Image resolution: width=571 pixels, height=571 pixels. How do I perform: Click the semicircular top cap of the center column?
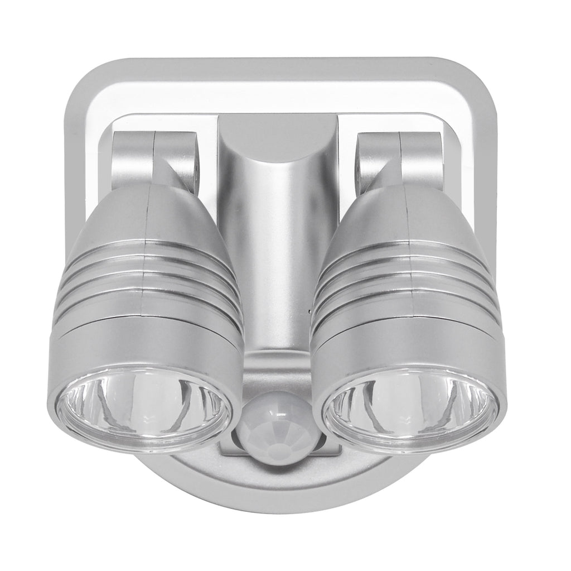point(278,134)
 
